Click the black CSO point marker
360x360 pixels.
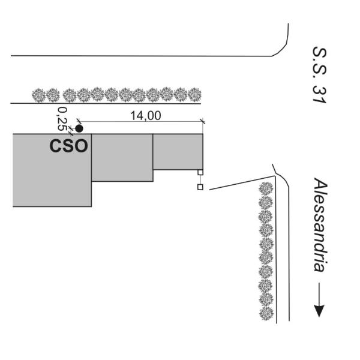[x=79, y=129]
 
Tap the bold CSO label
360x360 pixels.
[x=68, y=146]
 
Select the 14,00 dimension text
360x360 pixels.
[x=146, y=115]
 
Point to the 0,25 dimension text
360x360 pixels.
[x=62, y=119]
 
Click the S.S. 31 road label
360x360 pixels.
[x=319, y=75]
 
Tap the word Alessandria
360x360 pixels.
[x=320, y=224]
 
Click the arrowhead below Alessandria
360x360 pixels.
[x=319, y=311]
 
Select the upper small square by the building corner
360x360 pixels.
[x=200, y=172]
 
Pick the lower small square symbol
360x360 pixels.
[x=200, y=187]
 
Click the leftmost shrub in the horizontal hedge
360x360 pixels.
[x=38, y=95]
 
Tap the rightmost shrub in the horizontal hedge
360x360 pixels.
[x=194, y=95]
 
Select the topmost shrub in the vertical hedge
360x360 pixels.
[x=266, y=189]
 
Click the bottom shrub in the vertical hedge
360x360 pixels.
[x=266, y=314]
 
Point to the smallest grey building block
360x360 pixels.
[x=178, y=152]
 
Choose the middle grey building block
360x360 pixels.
[x=122, y=157]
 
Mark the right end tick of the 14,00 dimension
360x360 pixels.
[x=203, y=121]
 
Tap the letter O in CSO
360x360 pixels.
[x=81, y=146]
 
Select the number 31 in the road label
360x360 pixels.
[x=319, y=94]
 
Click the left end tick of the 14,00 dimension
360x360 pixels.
[x=79, y=121]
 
